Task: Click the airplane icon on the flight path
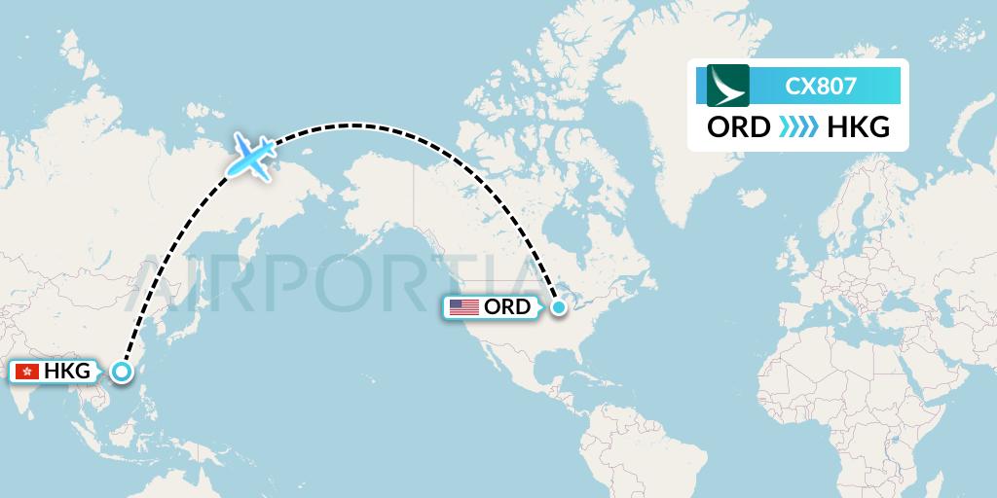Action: tap(251, 155)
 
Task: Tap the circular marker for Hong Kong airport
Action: tap(121, 371)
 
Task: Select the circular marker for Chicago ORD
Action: tap(558, 307)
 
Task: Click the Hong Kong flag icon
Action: tap(27, 371)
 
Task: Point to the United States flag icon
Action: tap(463, 307)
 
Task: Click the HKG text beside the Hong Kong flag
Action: tap(66, 371)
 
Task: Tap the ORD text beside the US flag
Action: tap(507, 307)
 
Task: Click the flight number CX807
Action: tap(821, 86)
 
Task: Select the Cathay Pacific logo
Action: tap(727, 86)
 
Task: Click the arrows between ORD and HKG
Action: tap(797, 127)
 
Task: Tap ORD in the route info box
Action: tap(738, 127)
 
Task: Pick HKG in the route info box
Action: tap(857, 127)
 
